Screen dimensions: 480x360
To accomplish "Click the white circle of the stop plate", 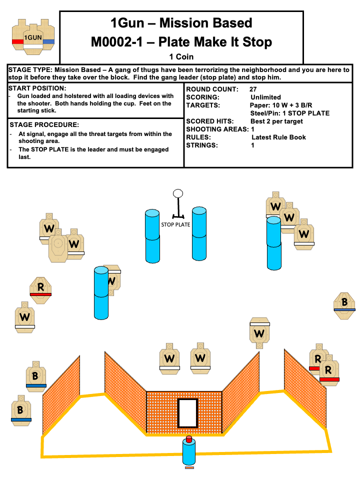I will click(177, 193).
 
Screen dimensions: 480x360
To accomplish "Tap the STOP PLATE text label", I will click(175, 224).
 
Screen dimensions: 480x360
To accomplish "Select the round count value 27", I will click(253, 89).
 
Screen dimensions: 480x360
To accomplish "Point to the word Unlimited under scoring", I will click(265, 97).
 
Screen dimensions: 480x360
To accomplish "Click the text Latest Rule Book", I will click(278, 137).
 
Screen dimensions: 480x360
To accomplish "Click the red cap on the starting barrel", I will click(188, 439).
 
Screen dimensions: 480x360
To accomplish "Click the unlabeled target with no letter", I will click(58, 246).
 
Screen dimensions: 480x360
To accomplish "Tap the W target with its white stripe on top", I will click(259, 332).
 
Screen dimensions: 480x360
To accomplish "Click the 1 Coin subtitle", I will click(181, 56).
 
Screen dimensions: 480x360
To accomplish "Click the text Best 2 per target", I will click(283, 121).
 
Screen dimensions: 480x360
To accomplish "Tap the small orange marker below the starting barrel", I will click(189, 467).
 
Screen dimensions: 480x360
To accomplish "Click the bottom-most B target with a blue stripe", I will click(20, 410).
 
